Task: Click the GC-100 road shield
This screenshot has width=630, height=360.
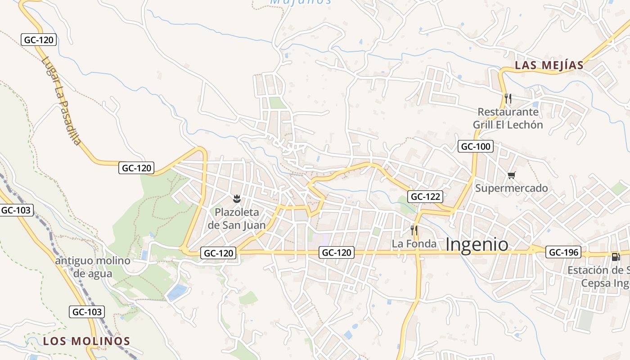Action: pyautogui.click(x=476, y=146)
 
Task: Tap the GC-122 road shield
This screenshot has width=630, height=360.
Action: pyautogui.click(x=425, y=196)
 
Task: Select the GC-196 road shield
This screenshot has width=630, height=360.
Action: pyautogui.click(x=563, y=252)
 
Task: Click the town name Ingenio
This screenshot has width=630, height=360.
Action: pyautogui.click(x=477, y=244)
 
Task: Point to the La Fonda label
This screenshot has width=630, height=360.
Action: pyautogui.click(x=414, y=244)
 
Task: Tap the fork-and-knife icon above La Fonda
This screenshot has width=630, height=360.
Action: pyautogui.click(x=414, y=230)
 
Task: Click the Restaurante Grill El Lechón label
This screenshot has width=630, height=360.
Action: pyautogui.click(x=508, y=118)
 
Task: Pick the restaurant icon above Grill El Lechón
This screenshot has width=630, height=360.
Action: pyautogui.click(x=508, y=98)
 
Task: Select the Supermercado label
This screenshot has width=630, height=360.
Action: pyautogui.click(x=512, y=188)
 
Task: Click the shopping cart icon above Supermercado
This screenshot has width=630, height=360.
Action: pyautogui.click(x=511, y=175)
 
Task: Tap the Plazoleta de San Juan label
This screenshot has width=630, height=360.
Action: pyautogui.click(x=237, y=219)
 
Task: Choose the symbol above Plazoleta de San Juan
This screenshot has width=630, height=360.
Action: pyautogui.click(x=236, y=198)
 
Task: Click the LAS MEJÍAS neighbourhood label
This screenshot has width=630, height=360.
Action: pyautogui.click(x=549, y=65)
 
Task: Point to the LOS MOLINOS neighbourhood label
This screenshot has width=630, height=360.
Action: pyautogui.click(x=86, y=341)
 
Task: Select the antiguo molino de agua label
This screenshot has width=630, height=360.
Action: pyautogui.click(x=93, y=267)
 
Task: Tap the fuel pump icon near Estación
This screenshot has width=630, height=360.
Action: pyautogui.click(x=616, y=256)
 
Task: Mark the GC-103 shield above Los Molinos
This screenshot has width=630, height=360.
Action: pyautogui.click(x=87, y=311)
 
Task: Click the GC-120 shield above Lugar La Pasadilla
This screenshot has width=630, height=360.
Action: pyautogui.click(x=39, y=40)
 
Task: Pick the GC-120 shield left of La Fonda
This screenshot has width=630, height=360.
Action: pyautogui.click(x=337, y=252)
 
